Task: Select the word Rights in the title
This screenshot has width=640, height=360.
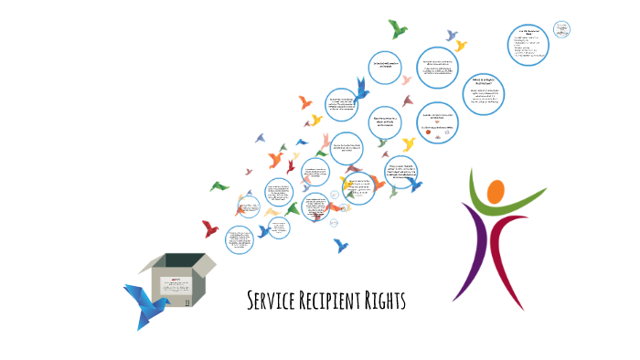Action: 387,301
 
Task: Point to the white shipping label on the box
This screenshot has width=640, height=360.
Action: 177,279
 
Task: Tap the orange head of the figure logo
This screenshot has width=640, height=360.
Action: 495,193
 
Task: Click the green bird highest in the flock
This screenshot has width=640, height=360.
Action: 398,29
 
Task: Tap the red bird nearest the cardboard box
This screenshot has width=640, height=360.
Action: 210,228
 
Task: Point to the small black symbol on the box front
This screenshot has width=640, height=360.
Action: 188,300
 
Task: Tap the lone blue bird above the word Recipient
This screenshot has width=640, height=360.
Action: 342,245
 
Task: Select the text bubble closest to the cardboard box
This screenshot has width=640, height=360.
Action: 241,241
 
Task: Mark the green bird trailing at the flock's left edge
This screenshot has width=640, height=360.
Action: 219,186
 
